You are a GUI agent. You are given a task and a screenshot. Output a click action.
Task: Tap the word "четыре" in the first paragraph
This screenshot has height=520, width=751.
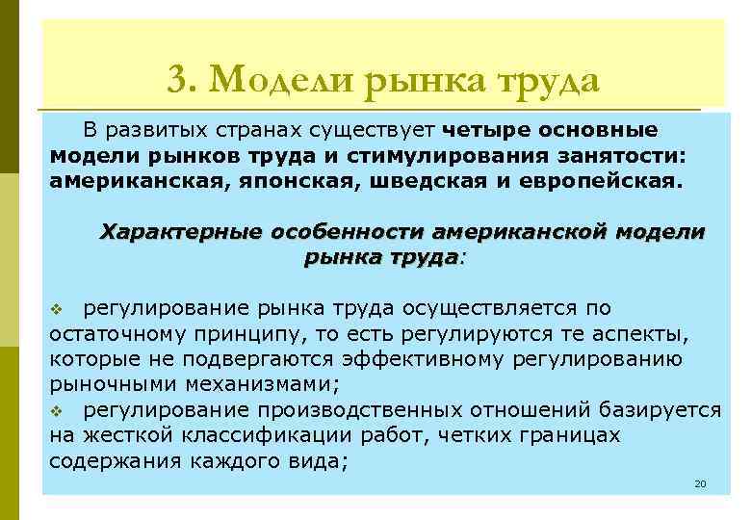click(477, 130)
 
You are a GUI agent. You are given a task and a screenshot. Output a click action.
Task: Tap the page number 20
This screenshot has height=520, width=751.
click(700, 482)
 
